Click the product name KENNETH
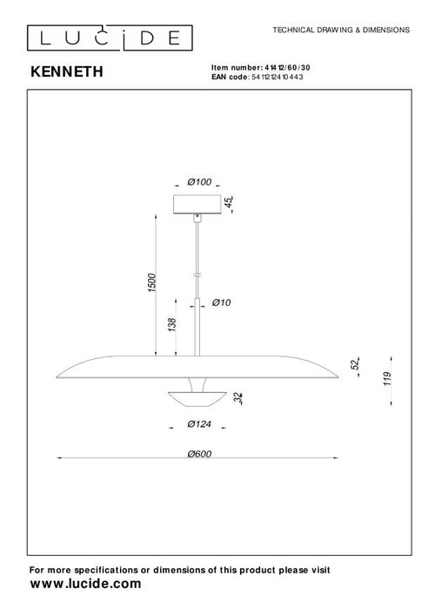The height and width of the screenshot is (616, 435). pyautogui.click(x=66, y=74)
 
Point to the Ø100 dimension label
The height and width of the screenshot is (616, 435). pyautogui.click(x=199, y=182)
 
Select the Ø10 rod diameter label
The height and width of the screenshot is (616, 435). pyautogui.click(x=221, y=302)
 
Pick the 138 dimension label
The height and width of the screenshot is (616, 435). pyautogui.click(x=171, y=327)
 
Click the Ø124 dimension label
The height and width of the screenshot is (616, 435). pyautogui.click(x=200, y=425)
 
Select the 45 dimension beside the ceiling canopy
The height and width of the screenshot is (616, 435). pyautogui.click(x=231, y=205)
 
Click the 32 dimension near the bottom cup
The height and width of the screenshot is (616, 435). pyautogui.click(x=239, y=397)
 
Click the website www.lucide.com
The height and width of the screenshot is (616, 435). pyautogui.click(x=85, y=586)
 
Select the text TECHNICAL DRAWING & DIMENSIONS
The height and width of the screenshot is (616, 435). pyautogui.click(x=341, y=29)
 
